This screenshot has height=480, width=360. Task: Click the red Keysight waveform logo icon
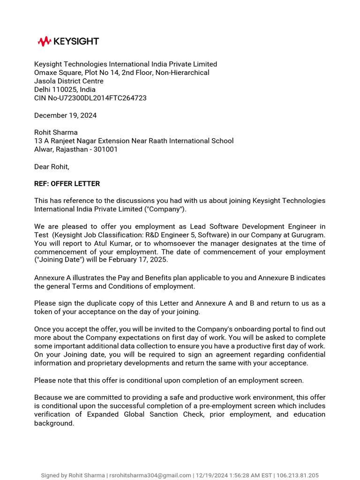coord(44,41)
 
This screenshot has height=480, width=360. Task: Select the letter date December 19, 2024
coord(66,115)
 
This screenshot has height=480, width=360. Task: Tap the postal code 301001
coord(106,149)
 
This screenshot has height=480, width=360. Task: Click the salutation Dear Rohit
coord(52,166)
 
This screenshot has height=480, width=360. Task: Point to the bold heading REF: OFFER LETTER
coord(67,184)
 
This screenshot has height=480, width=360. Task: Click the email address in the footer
coord(150,475)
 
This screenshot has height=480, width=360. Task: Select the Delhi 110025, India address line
coord(65,90)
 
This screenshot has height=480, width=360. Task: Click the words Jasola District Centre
coord(69,81)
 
